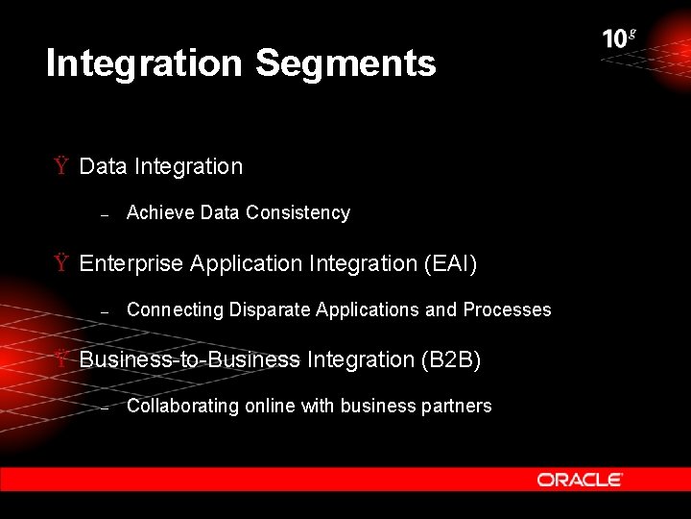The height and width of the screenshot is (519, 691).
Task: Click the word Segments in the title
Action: click(345, 63)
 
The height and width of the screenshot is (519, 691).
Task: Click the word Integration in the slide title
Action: click(144, 63)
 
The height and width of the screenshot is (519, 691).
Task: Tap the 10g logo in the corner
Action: click(619, 38)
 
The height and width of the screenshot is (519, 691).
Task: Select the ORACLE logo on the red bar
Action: click(580, 479)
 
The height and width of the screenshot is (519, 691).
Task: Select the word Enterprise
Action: click(131, 263)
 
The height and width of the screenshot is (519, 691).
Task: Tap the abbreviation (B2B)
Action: click(451, 359)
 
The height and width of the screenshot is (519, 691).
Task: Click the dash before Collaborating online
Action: click(107, 408)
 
